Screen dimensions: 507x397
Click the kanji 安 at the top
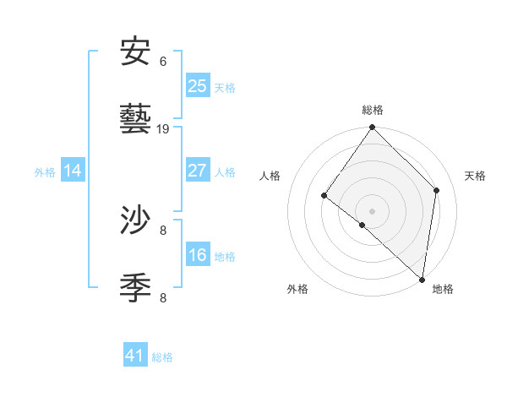136,52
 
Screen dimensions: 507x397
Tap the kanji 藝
136,119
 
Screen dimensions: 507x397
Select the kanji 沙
136,220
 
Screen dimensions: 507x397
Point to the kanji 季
136,288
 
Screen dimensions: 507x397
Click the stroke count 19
164,129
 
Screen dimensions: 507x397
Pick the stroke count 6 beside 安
163,62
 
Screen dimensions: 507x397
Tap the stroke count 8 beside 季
163,297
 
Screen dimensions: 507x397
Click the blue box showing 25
197,85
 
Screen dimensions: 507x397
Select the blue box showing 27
197,170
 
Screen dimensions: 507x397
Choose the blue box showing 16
197,255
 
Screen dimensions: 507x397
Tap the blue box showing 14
73,171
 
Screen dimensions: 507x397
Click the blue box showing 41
135,356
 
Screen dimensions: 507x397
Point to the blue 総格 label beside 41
162,357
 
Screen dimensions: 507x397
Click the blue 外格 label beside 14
45,172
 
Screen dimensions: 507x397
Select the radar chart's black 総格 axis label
372,110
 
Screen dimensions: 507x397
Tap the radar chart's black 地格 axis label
443,289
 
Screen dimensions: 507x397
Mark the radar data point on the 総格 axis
372,128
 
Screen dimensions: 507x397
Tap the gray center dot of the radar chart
372,210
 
